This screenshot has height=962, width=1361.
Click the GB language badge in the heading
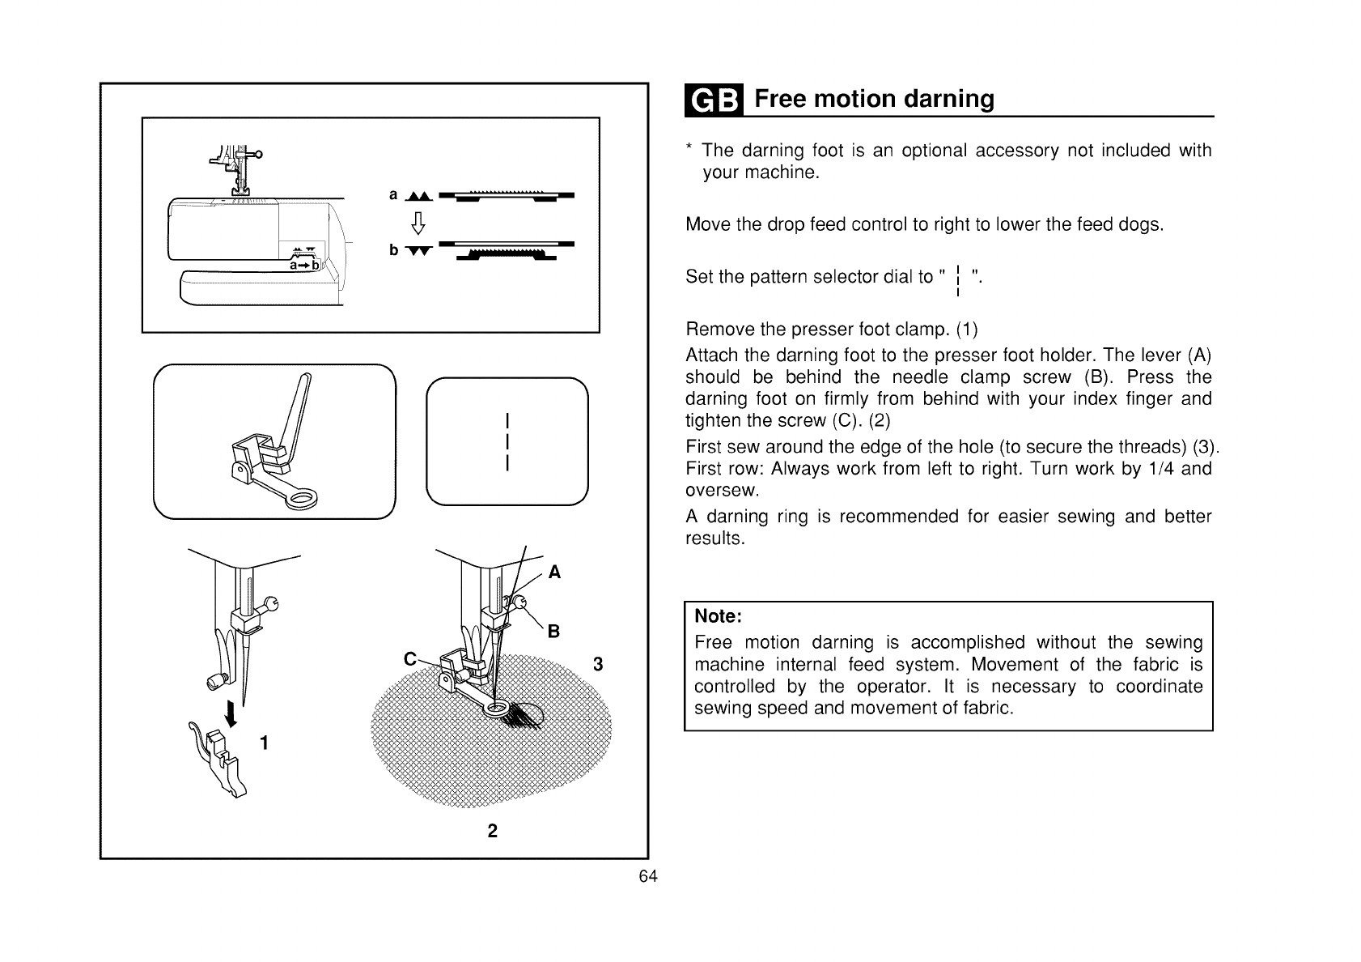click(x=714, y=100)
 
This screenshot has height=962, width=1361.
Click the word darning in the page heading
click(x=948, y=99)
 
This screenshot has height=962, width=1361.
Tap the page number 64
click(x=648, y=877)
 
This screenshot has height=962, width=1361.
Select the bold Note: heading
click(x=719, y=616)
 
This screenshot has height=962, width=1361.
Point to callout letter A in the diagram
click(x=554, y=573)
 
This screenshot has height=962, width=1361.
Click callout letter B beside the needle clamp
click(x=554, y=632)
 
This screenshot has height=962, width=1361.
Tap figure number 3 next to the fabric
click(x=597, y=666)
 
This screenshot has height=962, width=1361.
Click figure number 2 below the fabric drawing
click(x=492, y=831)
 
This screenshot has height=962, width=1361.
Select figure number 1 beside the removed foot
click(x=265, y=743)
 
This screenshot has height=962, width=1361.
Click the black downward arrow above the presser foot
click(x=232, y=713)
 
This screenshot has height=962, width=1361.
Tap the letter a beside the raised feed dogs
click(x=394, y=195)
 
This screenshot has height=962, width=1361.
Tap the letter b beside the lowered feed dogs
click(x=394, y=249)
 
